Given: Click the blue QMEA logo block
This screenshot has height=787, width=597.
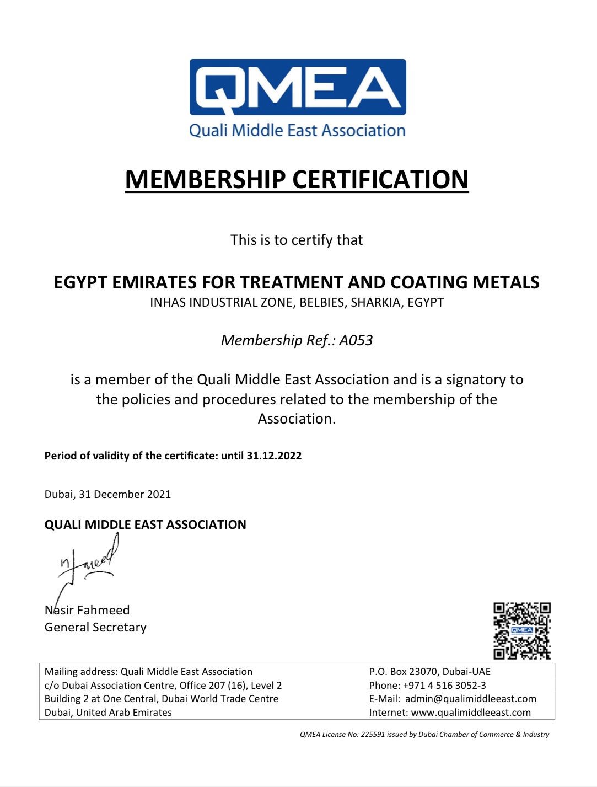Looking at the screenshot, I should tap(298, 87).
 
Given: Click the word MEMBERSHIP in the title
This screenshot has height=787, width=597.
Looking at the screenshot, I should tap(206, 179).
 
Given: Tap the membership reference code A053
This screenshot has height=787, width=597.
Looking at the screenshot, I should tap(356, 340).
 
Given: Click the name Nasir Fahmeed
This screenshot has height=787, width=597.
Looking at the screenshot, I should tap(87, 610).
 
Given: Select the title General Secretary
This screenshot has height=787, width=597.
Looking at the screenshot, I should tap(95, 627).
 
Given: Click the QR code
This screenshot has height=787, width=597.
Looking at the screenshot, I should tap(521, 631).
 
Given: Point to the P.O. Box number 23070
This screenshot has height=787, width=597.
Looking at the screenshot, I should tap(424, 672).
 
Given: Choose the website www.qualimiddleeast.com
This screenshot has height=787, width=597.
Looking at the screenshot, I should tap(471, 713).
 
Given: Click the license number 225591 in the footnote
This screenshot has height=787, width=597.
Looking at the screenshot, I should tap(373, 735).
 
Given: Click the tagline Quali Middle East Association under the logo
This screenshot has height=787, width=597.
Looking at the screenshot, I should tap(297, 131).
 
